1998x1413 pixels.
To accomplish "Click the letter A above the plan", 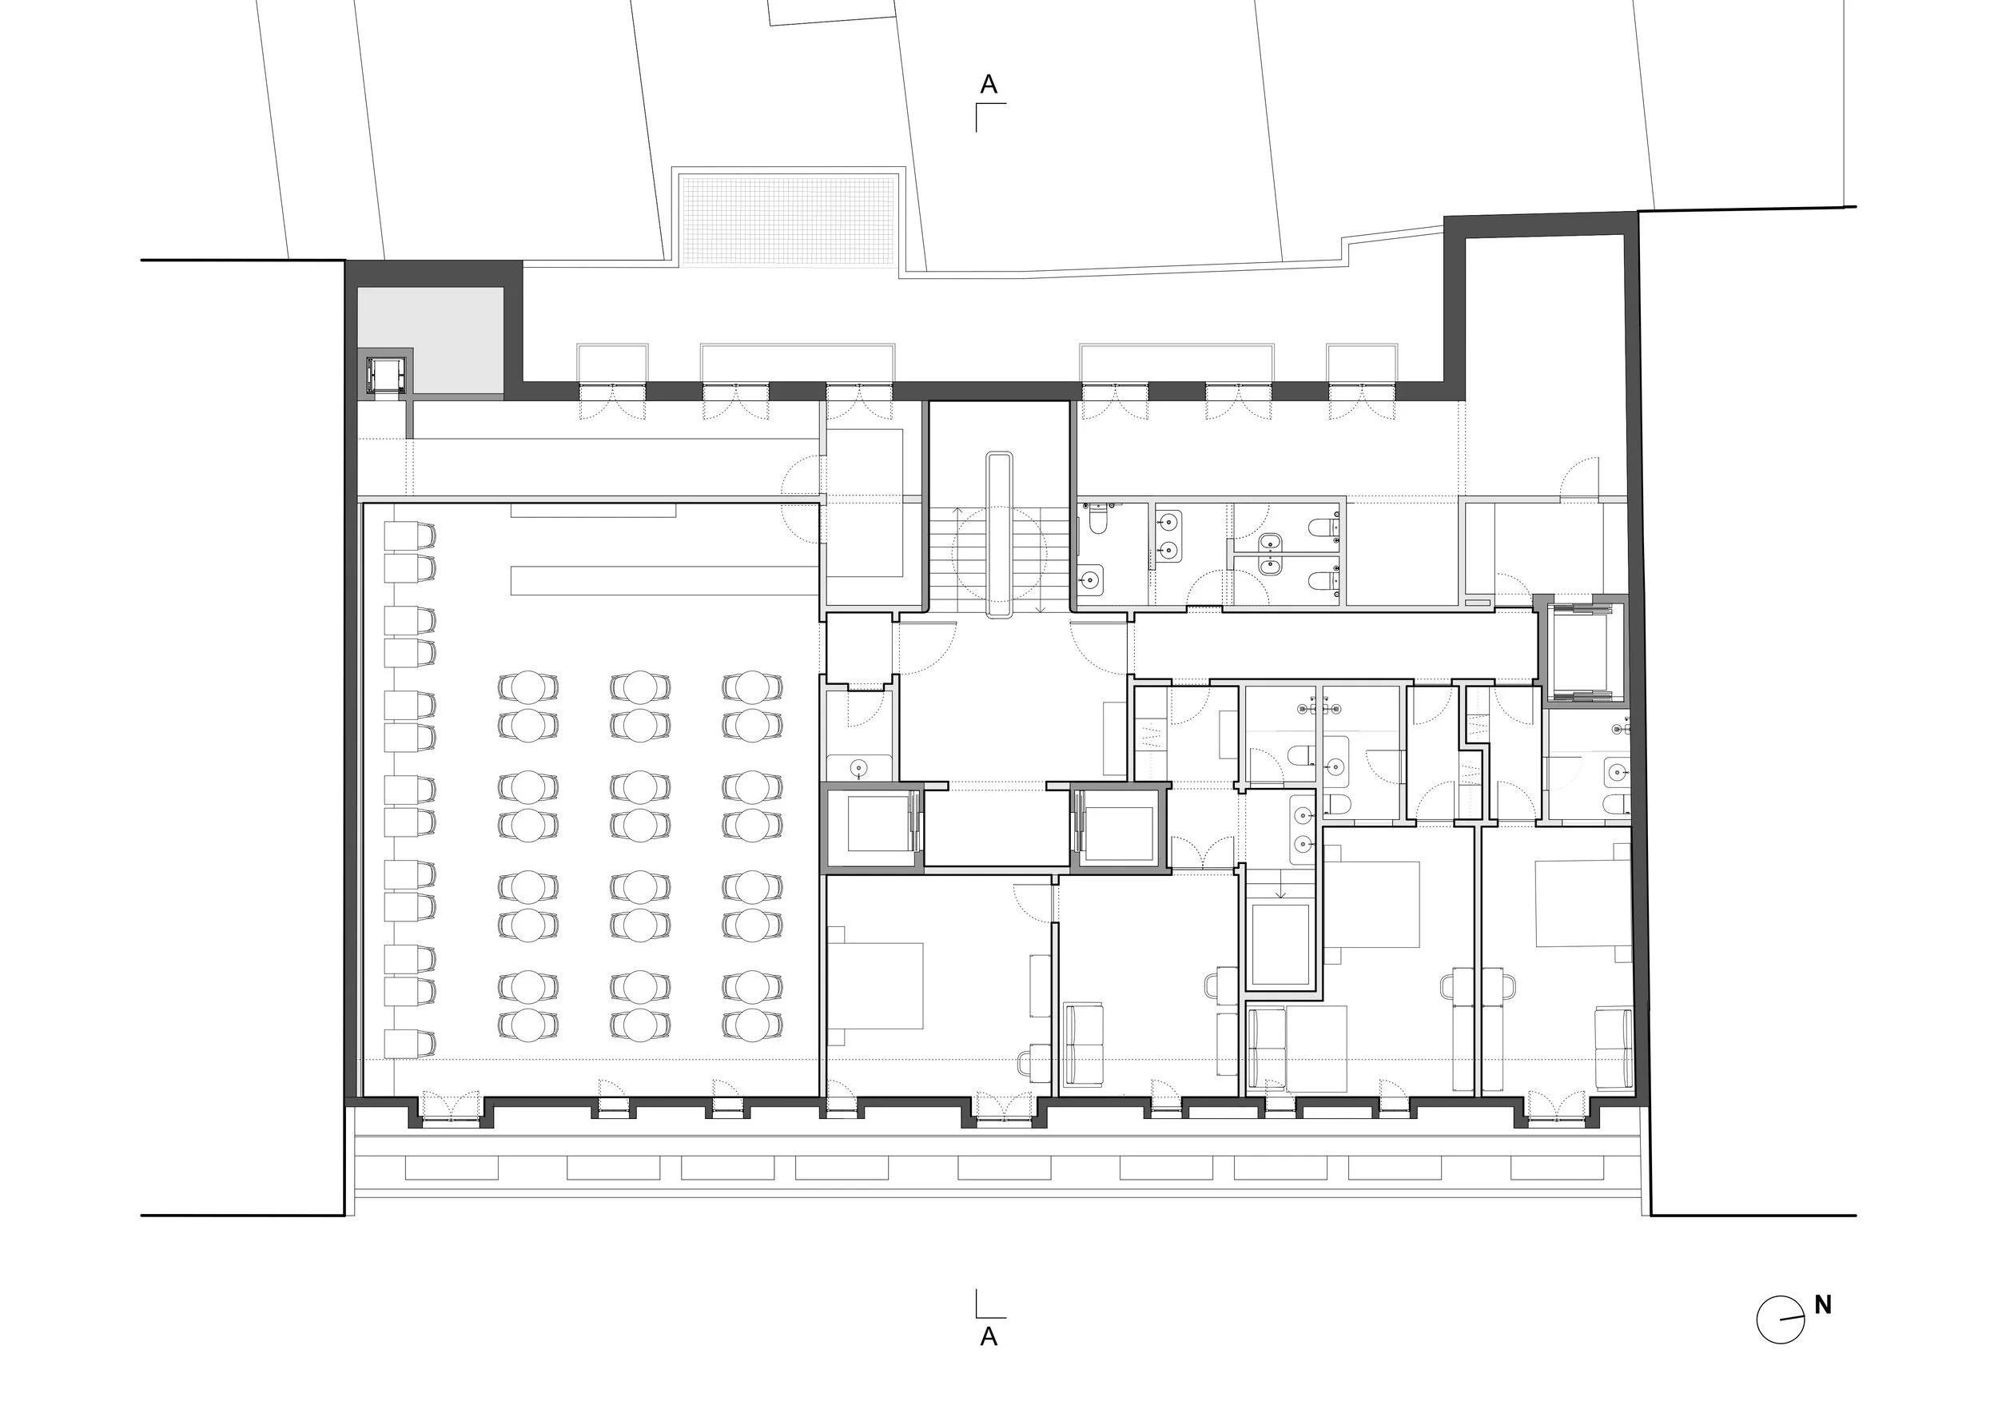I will [x=989, y=85].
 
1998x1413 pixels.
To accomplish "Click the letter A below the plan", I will [x=989, y=1336].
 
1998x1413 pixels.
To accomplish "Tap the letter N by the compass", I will [x=1822, y=1305].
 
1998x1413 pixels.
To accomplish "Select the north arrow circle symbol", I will [x=1780, y=1320].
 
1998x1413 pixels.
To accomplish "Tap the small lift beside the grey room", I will [x=384, y=375].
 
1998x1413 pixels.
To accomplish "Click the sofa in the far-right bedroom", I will [x=1613, y=1048].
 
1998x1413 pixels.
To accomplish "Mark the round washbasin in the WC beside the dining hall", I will [x=860, y=767].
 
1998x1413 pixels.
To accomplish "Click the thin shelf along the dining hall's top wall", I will [x=594, y=510].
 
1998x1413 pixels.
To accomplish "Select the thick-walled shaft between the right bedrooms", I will [x=1280, y=945].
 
